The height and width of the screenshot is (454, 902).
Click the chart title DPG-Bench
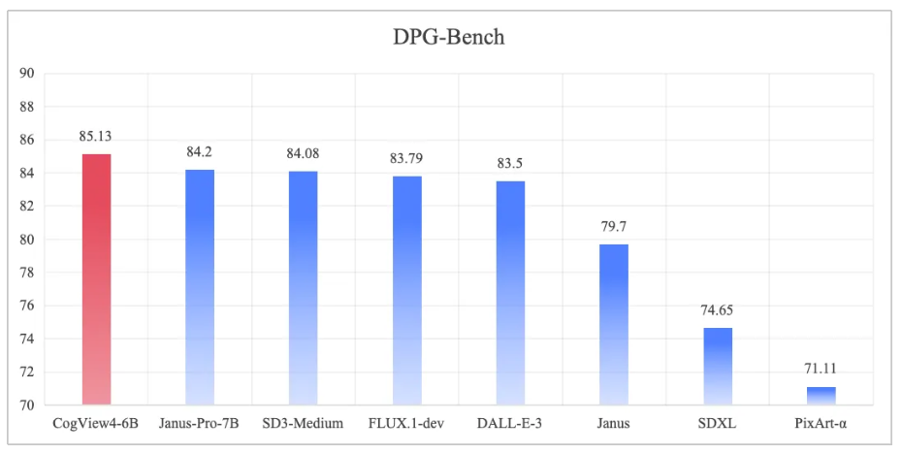coord(450,38)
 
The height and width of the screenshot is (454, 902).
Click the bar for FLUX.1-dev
coord(406,290)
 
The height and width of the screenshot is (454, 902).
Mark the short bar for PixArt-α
coord(821,396)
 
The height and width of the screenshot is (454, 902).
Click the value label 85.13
coord(96,137)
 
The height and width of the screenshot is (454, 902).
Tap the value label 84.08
coord(303,154)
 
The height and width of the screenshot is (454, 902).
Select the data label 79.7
coord(614,227)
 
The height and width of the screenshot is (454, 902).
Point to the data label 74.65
coord(718,310)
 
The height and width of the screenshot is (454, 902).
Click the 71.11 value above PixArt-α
coord(821,370)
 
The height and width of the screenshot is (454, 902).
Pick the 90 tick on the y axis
coord(27,74)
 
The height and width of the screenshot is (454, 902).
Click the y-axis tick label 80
coord(27,240)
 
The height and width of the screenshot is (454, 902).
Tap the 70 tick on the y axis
coord(27,405)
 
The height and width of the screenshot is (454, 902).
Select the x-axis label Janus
coord(614,423)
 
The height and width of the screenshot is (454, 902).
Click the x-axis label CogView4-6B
coord(96,423)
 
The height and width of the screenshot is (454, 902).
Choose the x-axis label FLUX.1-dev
coord(406,423)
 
